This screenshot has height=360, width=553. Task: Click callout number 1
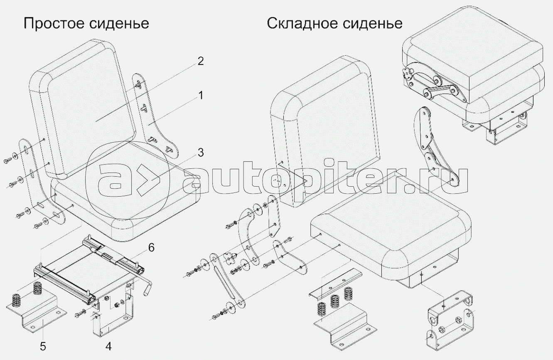(x=200, y=96)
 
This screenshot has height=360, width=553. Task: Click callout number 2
(x=200, y=62)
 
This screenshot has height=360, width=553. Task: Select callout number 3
(x=200, y=153)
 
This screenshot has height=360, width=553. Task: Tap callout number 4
(x=108, y=345)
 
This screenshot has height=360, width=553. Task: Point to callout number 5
(x=43, y=345)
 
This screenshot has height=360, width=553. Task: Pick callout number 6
(x=150, y=248)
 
